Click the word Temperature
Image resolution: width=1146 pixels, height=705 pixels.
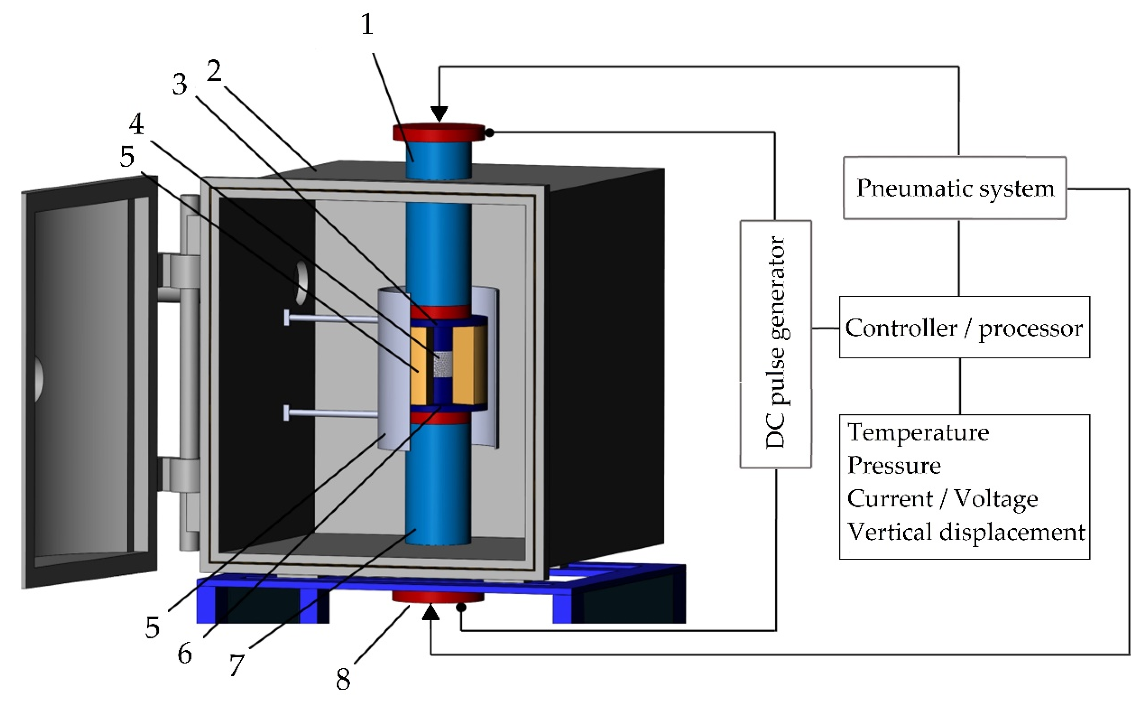(918, 433)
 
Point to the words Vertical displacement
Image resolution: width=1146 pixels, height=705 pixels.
(966, 532)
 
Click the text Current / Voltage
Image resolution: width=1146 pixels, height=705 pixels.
(942, 499)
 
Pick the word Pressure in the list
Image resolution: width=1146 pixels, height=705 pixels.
(894, 465)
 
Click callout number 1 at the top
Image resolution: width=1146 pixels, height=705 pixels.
(367, 24)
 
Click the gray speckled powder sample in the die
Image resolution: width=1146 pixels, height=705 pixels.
(442, 364)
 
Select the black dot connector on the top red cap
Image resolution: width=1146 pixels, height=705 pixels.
(489, 133)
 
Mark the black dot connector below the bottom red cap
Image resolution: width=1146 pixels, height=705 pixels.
(461, 608)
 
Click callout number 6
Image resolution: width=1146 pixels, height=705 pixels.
(185, 654)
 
